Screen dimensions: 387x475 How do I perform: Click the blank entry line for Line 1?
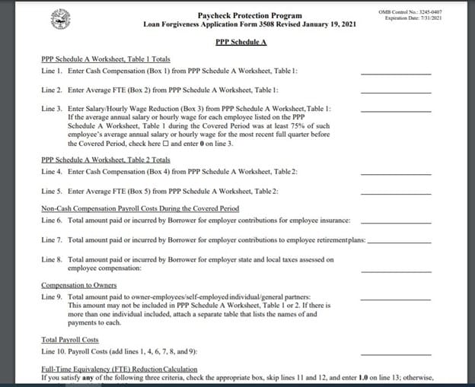[x=395, y=72]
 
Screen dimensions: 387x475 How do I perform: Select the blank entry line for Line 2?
[x=395, y=91]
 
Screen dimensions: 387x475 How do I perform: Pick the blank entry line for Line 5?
[x=395, y=192]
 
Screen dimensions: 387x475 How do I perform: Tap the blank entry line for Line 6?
[x=395, y=222]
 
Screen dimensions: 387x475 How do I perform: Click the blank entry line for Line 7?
[x=398, y=241]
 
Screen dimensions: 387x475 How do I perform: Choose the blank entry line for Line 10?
[x=395, y=354]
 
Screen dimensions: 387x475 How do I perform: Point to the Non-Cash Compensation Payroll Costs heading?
[x=140, y=208]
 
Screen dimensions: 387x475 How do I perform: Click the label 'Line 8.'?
[x=53, y=259]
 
